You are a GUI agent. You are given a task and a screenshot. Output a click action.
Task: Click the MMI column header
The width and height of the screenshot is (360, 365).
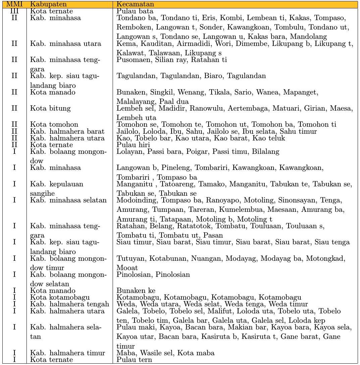point(14,4)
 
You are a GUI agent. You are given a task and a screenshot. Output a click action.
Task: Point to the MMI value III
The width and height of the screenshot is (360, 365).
point(14,11)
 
